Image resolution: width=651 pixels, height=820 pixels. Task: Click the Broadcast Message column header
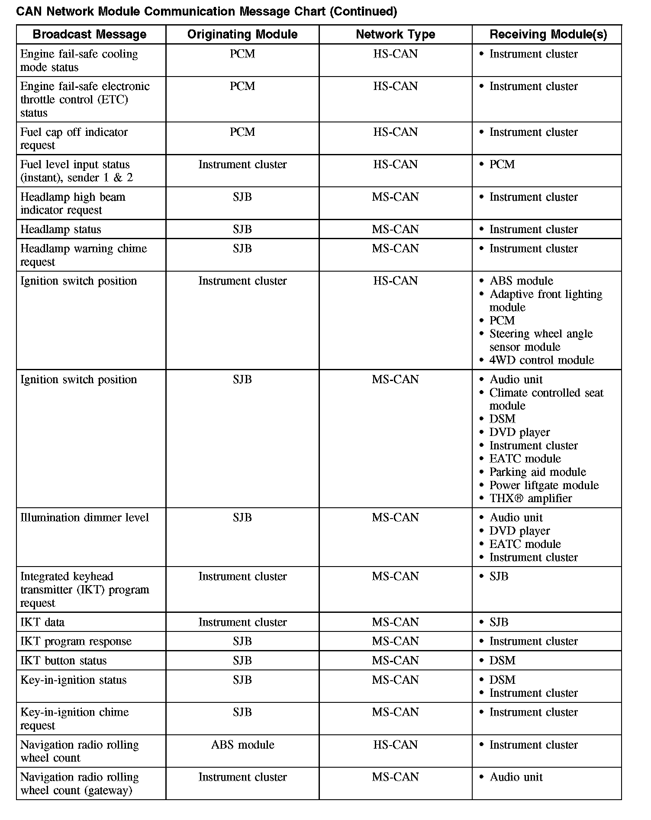[x=90, y=35]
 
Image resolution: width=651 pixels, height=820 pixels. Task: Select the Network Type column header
[x=395, y=35]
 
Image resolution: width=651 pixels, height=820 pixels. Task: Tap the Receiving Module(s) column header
[x=548, y=35]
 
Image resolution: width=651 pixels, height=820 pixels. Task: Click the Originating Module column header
[x=242, y=35]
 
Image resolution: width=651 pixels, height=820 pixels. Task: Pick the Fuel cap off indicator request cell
[x=74, y=138]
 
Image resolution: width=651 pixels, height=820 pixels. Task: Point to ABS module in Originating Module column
[x=242, y=745]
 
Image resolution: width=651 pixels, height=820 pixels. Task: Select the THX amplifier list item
[x=530, y=498]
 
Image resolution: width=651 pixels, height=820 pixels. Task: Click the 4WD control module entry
[x=541, y=360]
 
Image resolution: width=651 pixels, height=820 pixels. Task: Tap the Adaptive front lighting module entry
[x=545, y=301]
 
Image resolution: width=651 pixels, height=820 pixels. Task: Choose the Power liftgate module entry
[x=544, y=485]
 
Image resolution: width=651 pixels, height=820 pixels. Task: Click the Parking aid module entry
[x=538, y=472]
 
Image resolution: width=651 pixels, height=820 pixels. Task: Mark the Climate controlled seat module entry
[x=546, y=399]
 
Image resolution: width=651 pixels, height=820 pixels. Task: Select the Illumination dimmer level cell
[x=84, y=518]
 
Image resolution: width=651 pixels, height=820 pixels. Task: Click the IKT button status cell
[x=63, y=660]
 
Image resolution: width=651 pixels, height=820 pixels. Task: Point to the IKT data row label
[x=42, y=622]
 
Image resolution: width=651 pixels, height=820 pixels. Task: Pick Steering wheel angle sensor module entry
[x=541, y=340]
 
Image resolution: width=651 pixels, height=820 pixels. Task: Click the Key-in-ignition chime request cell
[x=74, y=719]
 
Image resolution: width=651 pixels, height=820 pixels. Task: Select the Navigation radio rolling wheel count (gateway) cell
[x=79, y=784]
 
